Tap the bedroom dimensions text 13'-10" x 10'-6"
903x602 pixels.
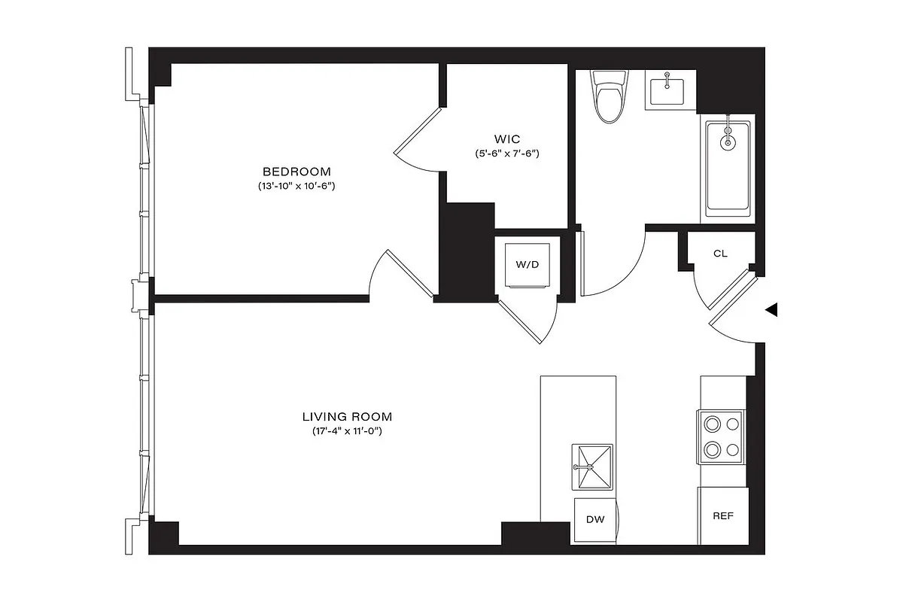point(296,185)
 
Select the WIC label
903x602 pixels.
point(506,139)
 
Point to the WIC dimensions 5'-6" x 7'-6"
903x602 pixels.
point(506,154)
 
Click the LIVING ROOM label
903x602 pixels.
point(347,416)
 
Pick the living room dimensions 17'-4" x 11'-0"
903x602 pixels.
point(347,431)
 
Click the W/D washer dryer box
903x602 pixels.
point(528,264)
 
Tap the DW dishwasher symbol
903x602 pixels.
point(595,519)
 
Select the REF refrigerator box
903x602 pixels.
point(722,516)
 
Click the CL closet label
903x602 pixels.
point(720,254)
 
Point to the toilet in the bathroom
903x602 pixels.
point(609,96)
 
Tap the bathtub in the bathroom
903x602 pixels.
point(727,169)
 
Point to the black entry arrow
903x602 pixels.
point(771,310)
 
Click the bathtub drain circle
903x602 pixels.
point(728,141)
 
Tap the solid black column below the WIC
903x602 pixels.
point(464,252)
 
